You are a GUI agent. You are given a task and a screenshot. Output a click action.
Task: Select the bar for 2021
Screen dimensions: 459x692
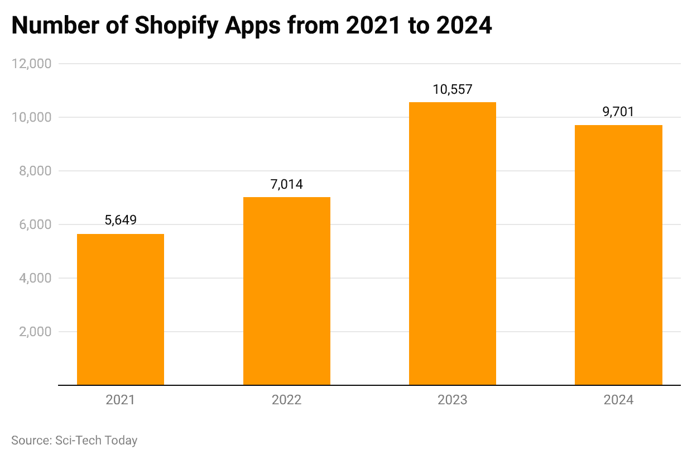(121, 309)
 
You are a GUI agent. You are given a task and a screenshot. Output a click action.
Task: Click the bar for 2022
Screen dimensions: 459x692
(286, 291)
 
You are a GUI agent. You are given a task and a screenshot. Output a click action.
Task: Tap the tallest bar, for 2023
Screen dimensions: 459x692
(453, 243)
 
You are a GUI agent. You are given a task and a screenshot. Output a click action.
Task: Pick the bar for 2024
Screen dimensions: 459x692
(618, 255)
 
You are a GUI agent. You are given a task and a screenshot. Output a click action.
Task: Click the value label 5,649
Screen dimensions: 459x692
(121, 221)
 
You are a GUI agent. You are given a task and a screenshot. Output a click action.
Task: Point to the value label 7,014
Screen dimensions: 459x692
(286, 184)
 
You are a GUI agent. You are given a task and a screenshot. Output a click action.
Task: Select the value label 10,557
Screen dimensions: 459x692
(453, 89)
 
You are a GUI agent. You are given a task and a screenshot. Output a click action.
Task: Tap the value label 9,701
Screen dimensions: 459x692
(618, 112)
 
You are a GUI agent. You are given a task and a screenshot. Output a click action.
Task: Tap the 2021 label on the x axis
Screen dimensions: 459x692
(121, 400)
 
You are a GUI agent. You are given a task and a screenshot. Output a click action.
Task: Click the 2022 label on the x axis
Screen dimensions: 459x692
(286, 400)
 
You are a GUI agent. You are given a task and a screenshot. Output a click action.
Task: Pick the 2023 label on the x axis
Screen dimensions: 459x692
(453, 400)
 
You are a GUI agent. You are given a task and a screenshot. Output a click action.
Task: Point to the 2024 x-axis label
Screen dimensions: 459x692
(618, 400)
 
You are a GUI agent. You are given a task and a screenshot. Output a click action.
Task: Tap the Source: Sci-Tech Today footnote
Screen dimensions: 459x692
(74, 441)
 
